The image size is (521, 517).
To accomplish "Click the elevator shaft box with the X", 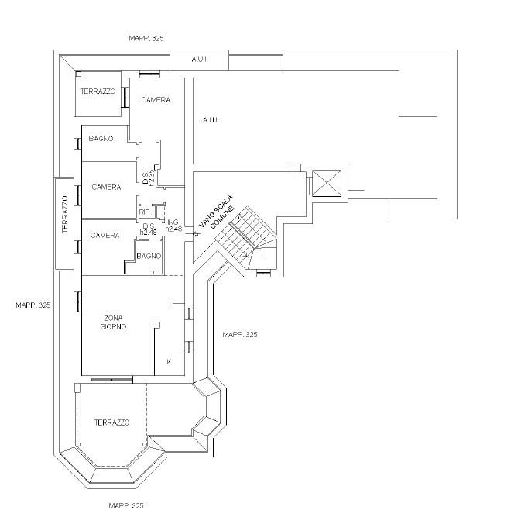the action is click(x=327, y=183).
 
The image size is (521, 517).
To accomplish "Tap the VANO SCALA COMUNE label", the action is click(x=217, y=212).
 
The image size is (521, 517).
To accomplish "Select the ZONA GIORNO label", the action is click(x=113, y=322).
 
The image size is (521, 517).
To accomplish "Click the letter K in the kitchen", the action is click(x=169, y=362).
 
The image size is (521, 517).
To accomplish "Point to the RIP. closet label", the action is click(x=145, y=212).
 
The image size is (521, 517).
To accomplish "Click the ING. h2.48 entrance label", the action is click(x=173, y=226).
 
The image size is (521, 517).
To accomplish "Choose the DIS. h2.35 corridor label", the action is click(x=149, y=178).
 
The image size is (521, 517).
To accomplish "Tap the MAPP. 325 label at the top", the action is click(x=146, y=38).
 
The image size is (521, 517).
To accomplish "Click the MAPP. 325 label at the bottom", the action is click(x=126, y=505).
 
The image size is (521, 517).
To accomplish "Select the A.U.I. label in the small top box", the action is click(x=200, y=59).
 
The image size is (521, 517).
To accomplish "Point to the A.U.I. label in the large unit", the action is click(x=211, y=120).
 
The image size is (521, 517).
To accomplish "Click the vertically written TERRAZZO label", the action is click(x=65, y=215).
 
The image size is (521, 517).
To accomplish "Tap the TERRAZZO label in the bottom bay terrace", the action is click(x=111, y=422).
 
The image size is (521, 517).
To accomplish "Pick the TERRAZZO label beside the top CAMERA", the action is click(x=98, y=91).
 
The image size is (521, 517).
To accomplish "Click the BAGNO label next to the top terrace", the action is click(x=101, y=139).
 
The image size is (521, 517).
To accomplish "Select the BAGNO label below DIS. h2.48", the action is click(x=149, y=256).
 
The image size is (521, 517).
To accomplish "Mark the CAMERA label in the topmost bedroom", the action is click(x=156, y=100).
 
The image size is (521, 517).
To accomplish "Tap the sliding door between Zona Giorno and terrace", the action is click(x=111, y=380).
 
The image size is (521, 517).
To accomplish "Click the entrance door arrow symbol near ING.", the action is click(x=195, y=234).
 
